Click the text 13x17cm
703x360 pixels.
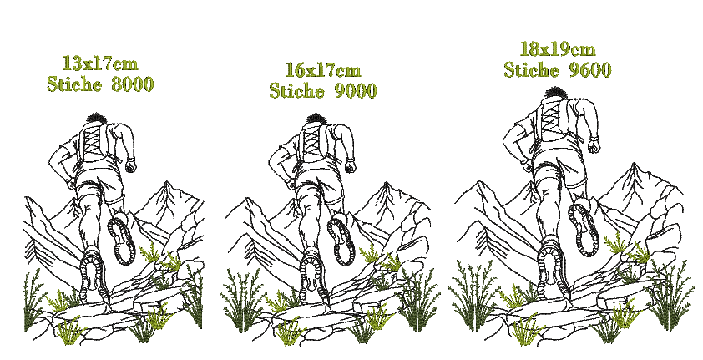(100, 63)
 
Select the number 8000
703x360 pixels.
(132, 84)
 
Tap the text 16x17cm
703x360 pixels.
(323, 70)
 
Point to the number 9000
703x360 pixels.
(355, 90)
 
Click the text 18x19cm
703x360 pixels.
(558, 49)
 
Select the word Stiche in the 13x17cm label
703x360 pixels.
(74, 84)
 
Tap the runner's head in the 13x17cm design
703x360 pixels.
(95, 119)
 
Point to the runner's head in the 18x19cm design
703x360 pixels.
(556, 94)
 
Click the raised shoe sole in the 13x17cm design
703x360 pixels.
(122, 241)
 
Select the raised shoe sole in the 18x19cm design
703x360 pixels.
(584, 229)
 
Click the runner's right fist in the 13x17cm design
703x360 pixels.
(130, 167)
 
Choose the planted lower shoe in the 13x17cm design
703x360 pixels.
(94, 276)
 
